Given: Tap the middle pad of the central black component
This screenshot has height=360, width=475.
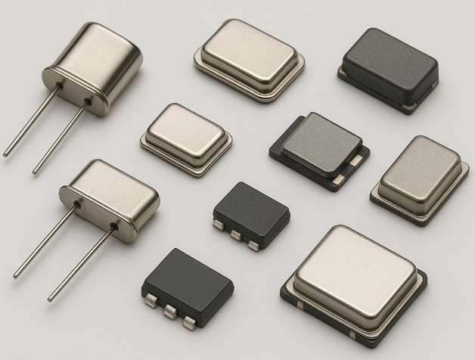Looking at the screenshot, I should (234, 235).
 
